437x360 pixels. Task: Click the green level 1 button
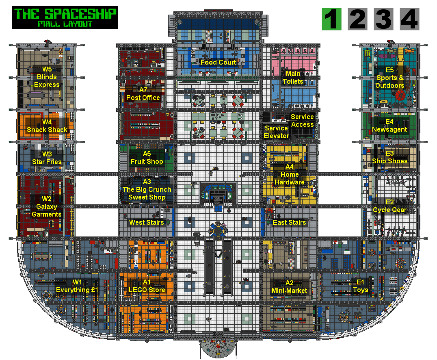pyautogui.click(x=331, y=19)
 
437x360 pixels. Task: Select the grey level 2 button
pyautogui.click(x=357, y=19)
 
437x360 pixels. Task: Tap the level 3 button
pyautogui.click(x=383, y=19)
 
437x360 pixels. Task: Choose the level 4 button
pyautogui.click(x=409, y=19)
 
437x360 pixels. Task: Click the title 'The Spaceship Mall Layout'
pyautogui.click(x=65, y=17)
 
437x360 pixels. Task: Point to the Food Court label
pyautogui.click(x=218, y=62)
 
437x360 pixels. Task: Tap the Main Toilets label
pyautogui.click(x=293, y=78)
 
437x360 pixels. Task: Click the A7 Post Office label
pyautogui.click(x=143, y=94)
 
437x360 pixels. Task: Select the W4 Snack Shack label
pyautogui.click(x=47, y=126)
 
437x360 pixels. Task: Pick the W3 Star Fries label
pyautogui.click(x=47, y=158)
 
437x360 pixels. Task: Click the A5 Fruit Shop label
pyautogui.click(x=147, y=158)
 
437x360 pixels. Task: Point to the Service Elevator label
pyautogui.click(x=276, y=132)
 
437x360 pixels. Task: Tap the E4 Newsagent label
pyautogui.click(x=389, y=126)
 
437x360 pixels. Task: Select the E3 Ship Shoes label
pyautogui.click(x=389, y=157)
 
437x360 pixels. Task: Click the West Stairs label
pyautogui.click(x=147, y=222)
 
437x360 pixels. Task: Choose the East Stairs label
pyautogui.click(x=289, y=222)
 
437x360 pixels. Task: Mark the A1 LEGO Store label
pyautogui.click(x=147, y=286)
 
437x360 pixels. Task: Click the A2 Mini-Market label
pyautogui.click(x=289, y=287)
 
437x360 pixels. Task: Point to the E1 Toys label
pyautogui.click(x=360, y=286)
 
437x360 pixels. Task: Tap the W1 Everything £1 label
pyautogui.click(x=77, y=286)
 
